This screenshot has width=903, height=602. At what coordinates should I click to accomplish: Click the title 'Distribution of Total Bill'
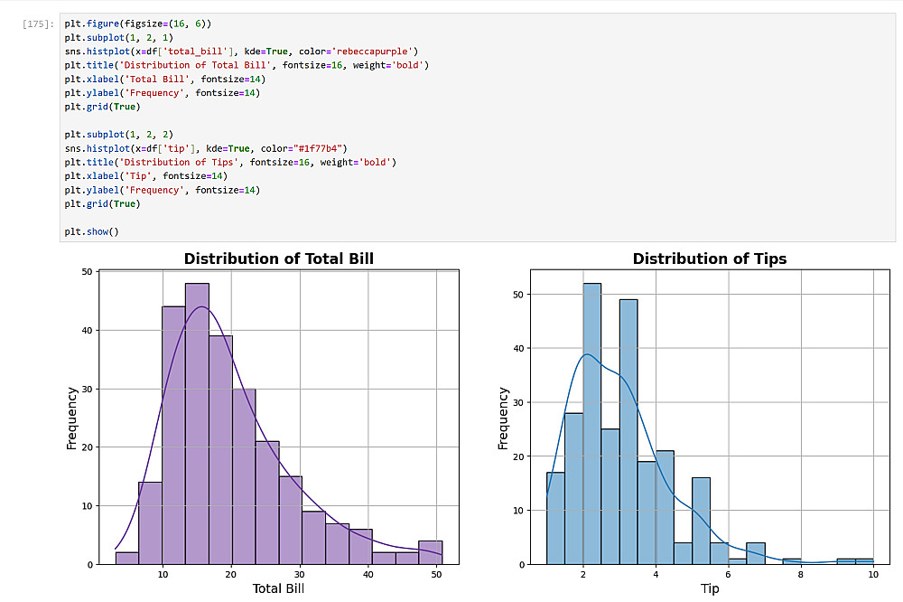pos(278,259)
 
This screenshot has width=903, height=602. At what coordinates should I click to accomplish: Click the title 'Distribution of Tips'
pos(709,259)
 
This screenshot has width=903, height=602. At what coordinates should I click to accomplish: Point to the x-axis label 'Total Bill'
pos(277,589)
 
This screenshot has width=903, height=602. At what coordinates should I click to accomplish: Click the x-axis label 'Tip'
pos(709,589)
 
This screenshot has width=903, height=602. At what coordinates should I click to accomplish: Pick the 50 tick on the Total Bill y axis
pos(86,271)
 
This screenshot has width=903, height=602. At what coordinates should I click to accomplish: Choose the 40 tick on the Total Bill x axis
pos(368,574)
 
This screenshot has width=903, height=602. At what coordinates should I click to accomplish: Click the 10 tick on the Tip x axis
pos(873,574)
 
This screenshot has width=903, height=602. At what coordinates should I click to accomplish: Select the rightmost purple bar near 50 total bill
pos(431,552)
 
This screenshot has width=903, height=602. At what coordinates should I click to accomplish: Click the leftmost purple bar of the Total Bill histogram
pos(127,558)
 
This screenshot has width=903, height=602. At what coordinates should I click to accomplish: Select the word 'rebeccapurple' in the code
pos(380,51)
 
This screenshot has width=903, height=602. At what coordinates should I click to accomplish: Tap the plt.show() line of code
pos(91,232)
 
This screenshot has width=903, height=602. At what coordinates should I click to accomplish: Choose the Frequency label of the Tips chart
pos(504,419)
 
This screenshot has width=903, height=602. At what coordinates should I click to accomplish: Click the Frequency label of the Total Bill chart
pos(71,419)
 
